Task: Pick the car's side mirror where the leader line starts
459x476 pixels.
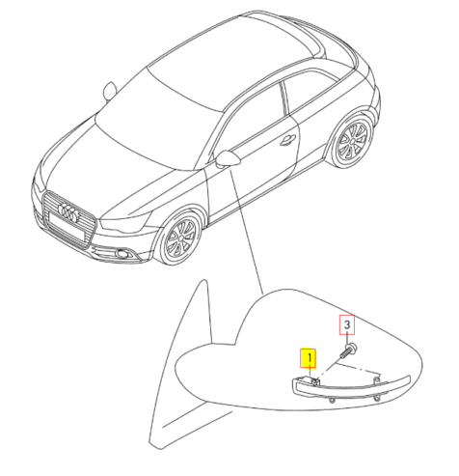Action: (230, 159)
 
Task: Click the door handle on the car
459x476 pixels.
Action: (287, 138)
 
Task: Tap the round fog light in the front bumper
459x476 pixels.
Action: (124, 254)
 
